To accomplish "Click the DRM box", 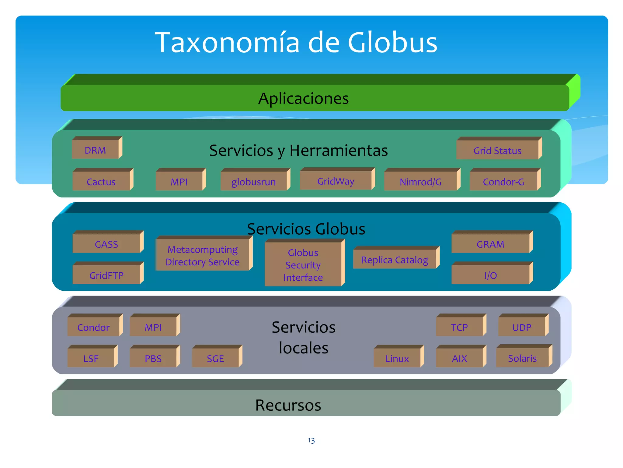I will pos(96,150).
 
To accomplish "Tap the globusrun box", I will pos(254,181).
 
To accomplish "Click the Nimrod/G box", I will pos(420,181).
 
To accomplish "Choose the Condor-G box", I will pos(503,181).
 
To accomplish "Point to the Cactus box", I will pos(101,181).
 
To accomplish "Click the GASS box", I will pos(106,244).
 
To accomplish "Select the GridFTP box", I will pos(106,275).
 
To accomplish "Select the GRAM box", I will pos(490,244).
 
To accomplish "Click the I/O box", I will pos(490,275).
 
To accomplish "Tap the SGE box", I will pos(215,358).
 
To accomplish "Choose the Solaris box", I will pos(522,358).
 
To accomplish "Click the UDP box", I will pos(522,327).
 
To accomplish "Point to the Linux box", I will pos(397,358).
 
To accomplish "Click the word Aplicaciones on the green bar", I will pos(303,98).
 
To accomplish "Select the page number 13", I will pos(311,440).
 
